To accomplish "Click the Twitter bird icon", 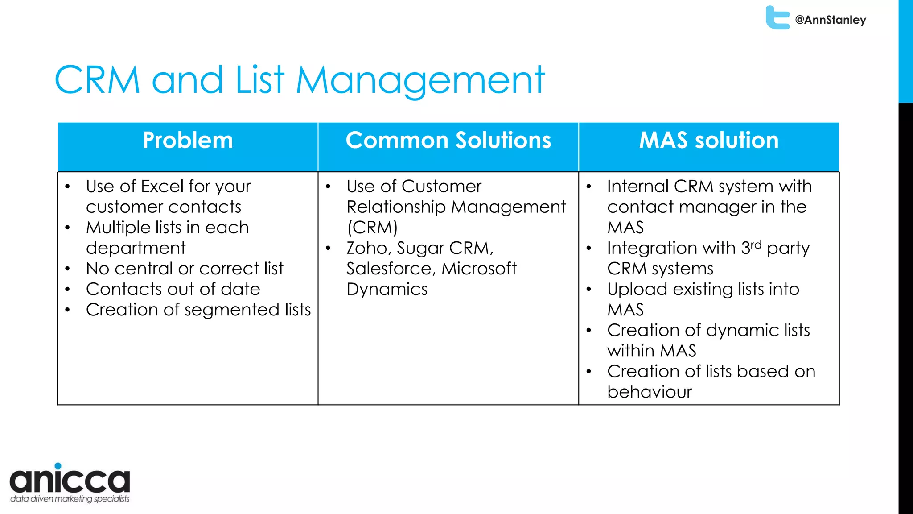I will pyautogui.click(x=777, y=18).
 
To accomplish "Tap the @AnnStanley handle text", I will pyautogui.click(x=831, y=20).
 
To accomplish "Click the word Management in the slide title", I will pyautogui.click(x=420, y=80).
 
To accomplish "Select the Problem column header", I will pyautogui.click(x=188, y=140).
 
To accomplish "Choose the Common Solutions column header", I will pyautogui.click(x=448, y=140).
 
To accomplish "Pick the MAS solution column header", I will pyautogui.click(x=709, y=140).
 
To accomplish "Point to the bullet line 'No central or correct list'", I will pyautogui.click(x=185, y=269).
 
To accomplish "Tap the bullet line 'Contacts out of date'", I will pyautogui.click(x=173, y=289).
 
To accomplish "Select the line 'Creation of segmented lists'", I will pyautogui.click(x=198, y=310).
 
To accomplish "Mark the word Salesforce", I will pyautogui.click(x=390, y=269).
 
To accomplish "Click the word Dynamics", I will pyautogui.click(x=387, y=290).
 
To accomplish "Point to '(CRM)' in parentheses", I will pyautogui.click(x=372, y=228).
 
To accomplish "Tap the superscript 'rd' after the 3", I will pyautogui.click(x=756, y=245).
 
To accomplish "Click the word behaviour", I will pyautogui.click(x=649, y=392).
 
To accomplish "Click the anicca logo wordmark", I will pyautogui.click(x=70, y=480).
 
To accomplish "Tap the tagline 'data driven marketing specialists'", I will pyautogui.click(x=70, y=499).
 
